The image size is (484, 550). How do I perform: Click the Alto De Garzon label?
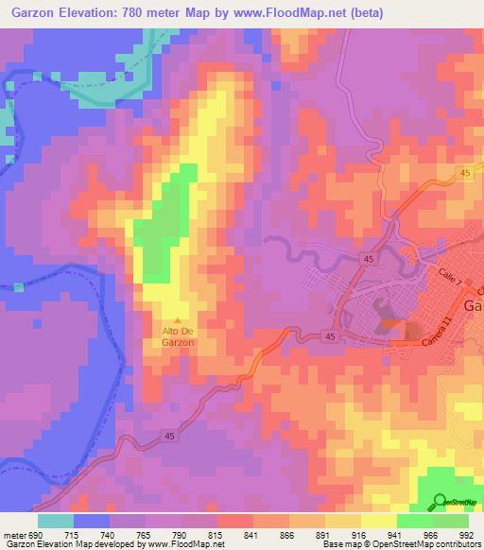coord(178,336)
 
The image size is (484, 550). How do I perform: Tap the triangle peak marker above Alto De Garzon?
coord(178,320)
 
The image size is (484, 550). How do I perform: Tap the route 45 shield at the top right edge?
coord(464,172)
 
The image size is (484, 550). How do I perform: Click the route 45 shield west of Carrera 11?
coord(328,335)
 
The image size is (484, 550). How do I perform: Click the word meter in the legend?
coord(12,534)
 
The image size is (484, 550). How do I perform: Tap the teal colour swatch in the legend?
coord(56,521)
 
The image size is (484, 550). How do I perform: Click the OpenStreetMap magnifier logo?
coord(440,502)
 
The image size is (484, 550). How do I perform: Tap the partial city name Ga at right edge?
coord(474,305)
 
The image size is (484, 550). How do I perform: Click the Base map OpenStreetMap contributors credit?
coord(401,544)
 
